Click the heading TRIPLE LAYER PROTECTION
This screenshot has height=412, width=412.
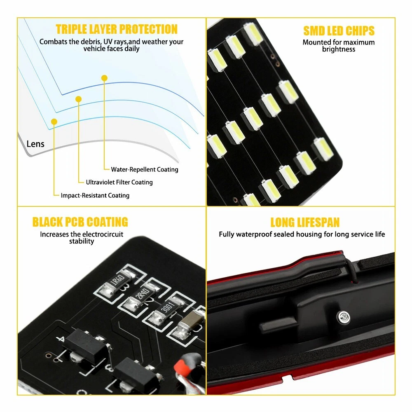click(x=117, y=29)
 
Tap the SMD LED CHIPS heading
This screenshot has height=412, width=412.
click(x=339, y=31)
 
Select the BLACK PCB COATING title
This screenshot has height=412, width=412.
click(x=80, y=222)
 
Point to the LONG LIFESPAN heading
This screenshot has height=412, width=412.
click(x=305, y=222)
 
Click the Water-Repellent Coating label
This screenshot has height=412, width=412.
click(x=145, y=169)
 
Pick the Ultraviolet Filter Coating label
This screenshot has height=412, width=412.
click(x=119, y=182)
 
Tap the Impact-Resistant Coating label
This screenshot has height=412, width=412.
click(x=95, y=195)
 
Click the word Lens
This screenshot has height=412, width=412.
click(x=35, y=144)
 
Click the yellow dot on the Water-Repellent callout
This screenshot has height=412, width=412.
click(x=104, y=78)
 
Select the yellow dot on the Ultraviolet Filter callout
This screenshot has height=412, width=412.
click(x=78, y=99)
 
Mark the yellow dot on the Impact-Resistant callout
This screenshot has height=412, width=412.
click(x=54, y=122)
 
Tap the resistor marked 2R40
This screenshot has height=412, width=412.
click(x=140, y=295)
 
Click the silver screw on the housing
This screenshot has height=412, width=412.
click(x=344, y=317)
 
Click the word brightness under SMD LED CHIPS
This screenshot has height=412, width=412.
click(x=339, y=49)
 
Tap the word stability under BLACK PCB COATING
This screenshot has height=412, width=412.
click(x=82, y=241)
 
